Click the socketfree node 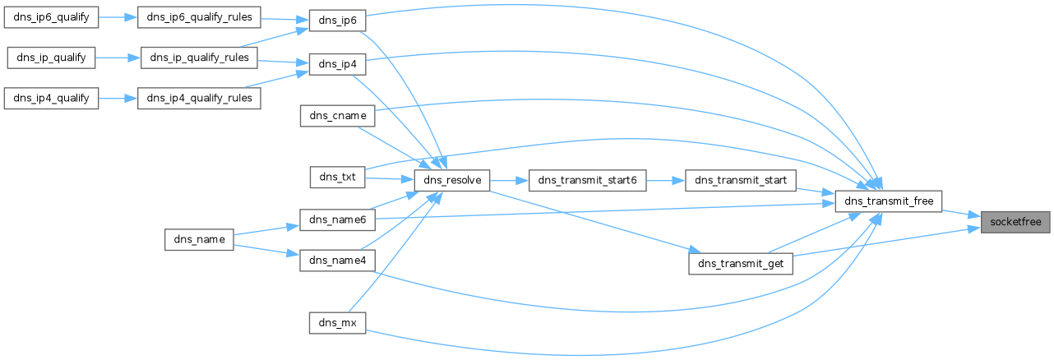(x=1015, y=221)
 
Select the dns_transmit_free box (x=888, y=201)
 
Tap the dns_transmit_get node (x=741, y=263)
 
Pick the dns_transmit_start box (x=741, y=180)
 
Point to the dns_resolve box (x=453, y=180)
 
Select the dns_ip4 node (x=337, y=64)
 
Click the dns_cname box (x=337, y=116)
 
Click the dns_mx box (x=337, y=321)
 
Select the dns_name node (x=199, y=239)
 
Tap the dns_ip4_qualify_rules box (x=200, y=99)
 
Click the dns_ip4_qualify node (x=53, y=99)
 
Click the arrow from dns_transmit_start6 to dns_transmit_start (x=667, y=180)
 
